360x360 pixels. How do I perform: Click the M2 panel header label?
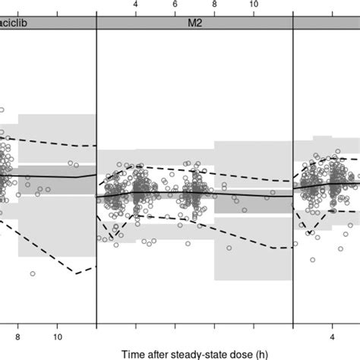pyautogui.click(x=194, y=23)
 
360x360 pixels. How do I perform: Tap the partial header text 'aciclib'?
pyautogui.click(x=14, y=23)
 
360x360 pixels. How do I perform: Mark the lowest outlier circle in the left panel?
pyautogui.click(x=33, y=273)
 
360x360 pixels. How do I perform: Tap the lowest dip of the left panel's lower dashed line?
pyautogui.click(x=75, y=273)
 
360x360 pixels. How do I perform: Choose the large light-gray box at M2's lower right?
pyautogui.click(x=252, y=258)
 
